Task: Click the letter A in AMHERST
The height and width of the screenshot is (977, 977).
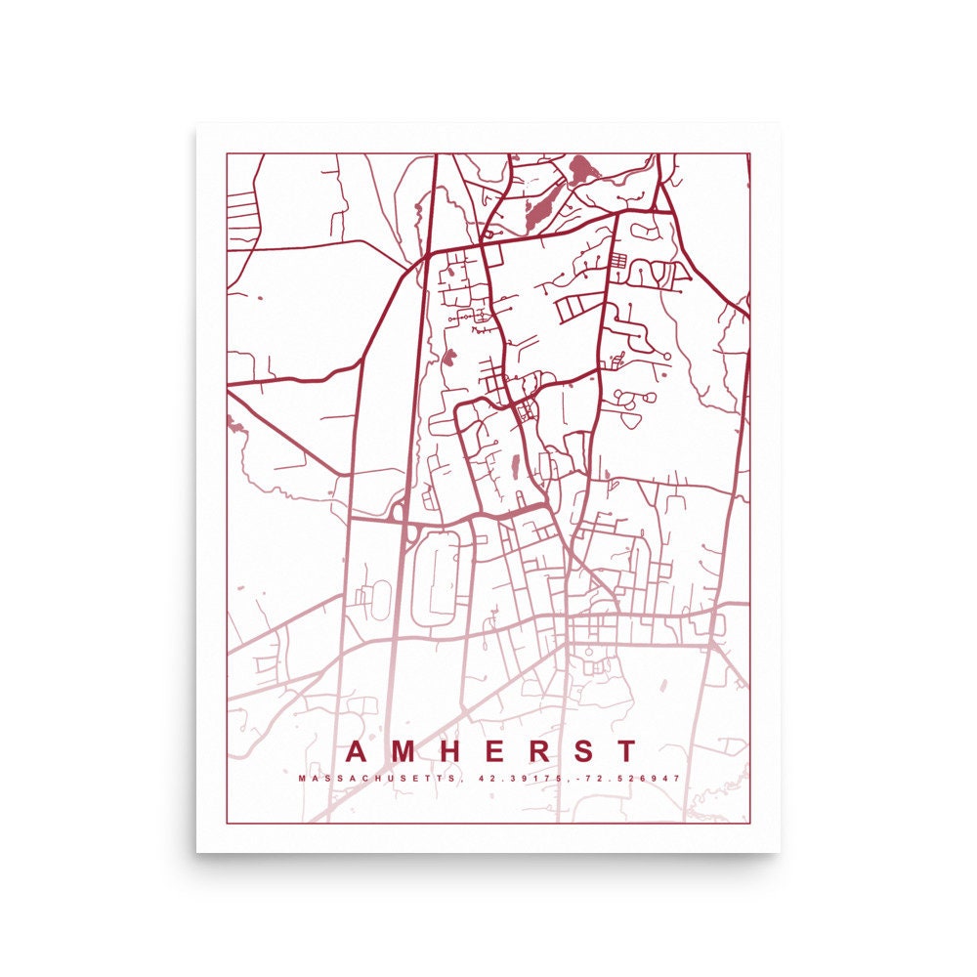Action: tap(359, 751)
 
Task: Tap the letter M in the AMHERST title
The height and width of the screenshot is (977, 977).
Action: tap(404, 751)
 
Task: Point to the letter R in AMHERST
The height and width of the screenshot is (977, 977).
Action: tap(536, 751)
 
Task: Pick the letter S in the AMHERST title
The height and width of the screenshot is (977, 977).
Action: tap(581, 751)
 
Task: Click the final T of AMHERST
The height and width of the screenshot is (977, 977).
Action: tap(624, 751)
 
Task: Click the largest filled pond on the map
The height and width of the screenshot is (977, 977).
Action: tap(585, 170)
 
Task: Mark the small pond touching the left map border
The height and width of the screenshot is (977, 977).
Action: tap(232, 421)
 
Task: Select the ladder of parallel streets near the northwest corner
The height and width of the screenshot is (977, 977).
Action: tap(240, 206)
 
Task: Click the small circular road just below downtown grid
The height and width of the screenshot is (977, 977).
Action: tap(592, 665)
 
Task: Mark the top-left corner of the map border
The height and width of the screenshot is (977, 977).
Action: tap(227, 153)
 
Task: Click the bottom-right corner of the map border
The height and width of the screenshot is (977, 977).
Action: tap(749, 823)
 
